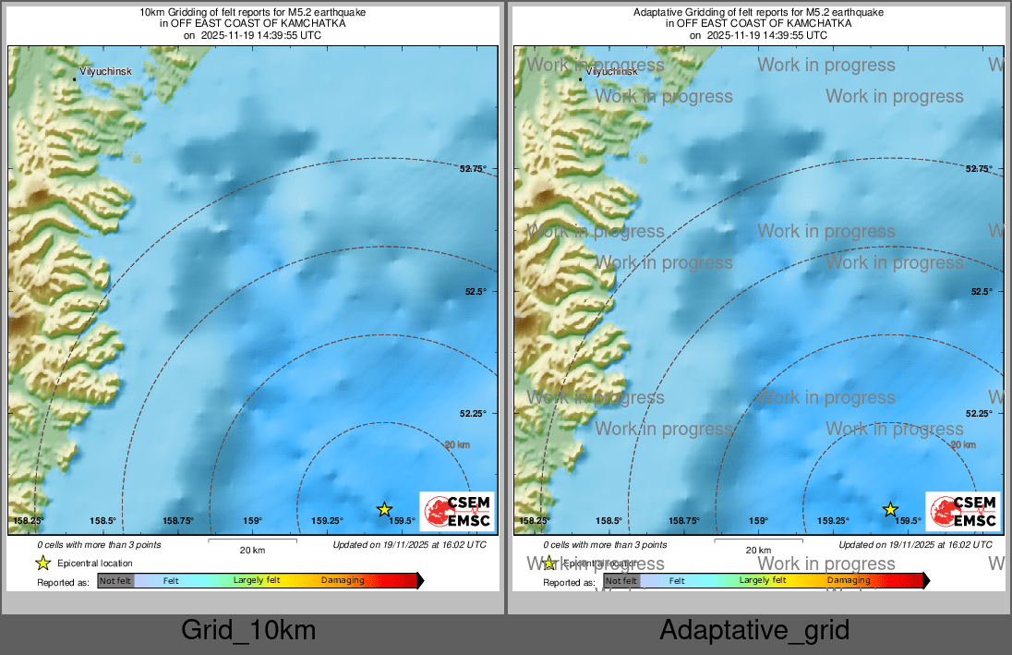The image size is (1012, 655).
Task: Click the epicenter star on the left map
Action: (385, 509)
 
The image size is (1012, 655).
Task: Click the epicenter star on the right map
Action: (890, 509)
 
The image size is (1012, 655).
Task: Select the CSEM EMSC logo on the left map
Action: (457, 512)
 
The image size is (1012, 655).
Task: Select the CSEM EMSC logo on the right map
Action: (962, 512)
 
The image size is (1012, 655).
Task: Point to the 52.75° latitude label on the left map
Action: (473, 168)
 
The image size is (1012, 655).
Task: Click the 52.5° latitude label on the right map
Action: (980, 291)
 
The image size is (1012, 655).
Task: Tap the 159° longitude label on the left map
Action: (253, 521)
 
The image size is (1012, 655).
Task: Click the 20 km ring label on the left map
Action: (457, 444)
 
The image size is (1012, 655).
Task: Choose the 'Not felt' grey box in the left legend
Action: (115, 581)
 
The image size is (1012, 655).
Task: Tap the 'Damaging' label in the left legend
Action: (343, 581)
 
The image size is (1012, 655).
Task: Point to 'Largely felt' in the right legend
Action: (763, 580)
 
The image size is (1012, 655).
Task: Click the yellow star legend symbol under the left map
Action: (42, 563)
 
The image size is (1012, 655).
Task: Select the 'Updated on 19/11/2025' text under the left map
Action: (409, 545)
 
